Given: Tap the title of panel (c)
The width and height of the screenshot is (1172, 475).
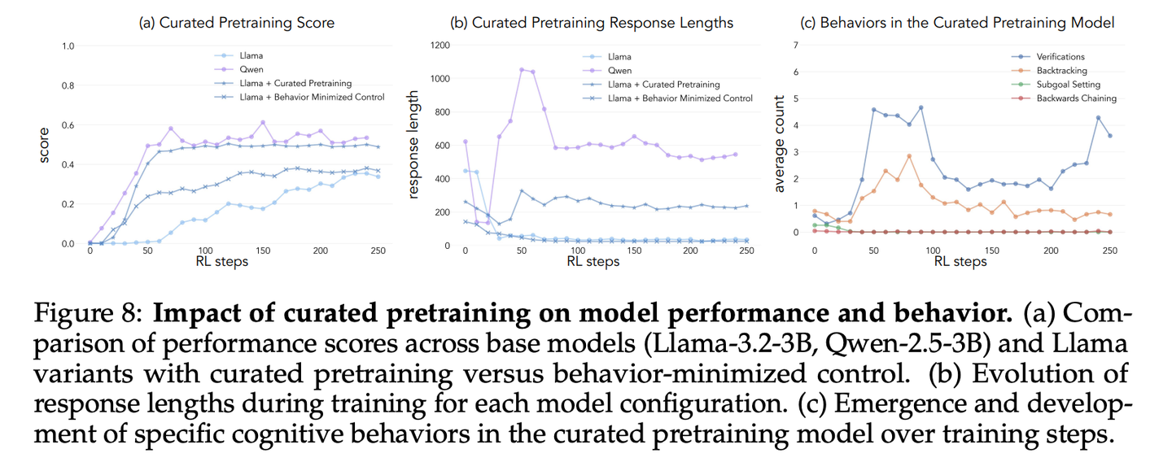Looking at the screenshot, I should (x=967, y=23).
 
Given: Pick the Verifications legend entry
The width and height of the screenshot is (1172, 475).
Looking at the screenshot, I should (x=1060, y=57).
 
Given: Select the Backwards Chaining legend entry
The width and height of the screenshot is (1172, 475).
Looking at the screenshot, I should (x=1076, y=98).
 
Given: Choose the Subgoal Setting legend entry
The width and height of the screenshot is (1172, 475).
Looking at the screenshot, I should (x=1068, y=85).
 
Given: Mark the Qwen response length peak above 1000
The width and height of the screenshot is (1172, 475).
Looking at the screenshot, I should (x=522, y=69).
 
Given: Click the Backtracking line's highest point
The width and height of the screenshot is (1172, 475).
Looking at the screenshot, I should (x=909, y=155).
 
